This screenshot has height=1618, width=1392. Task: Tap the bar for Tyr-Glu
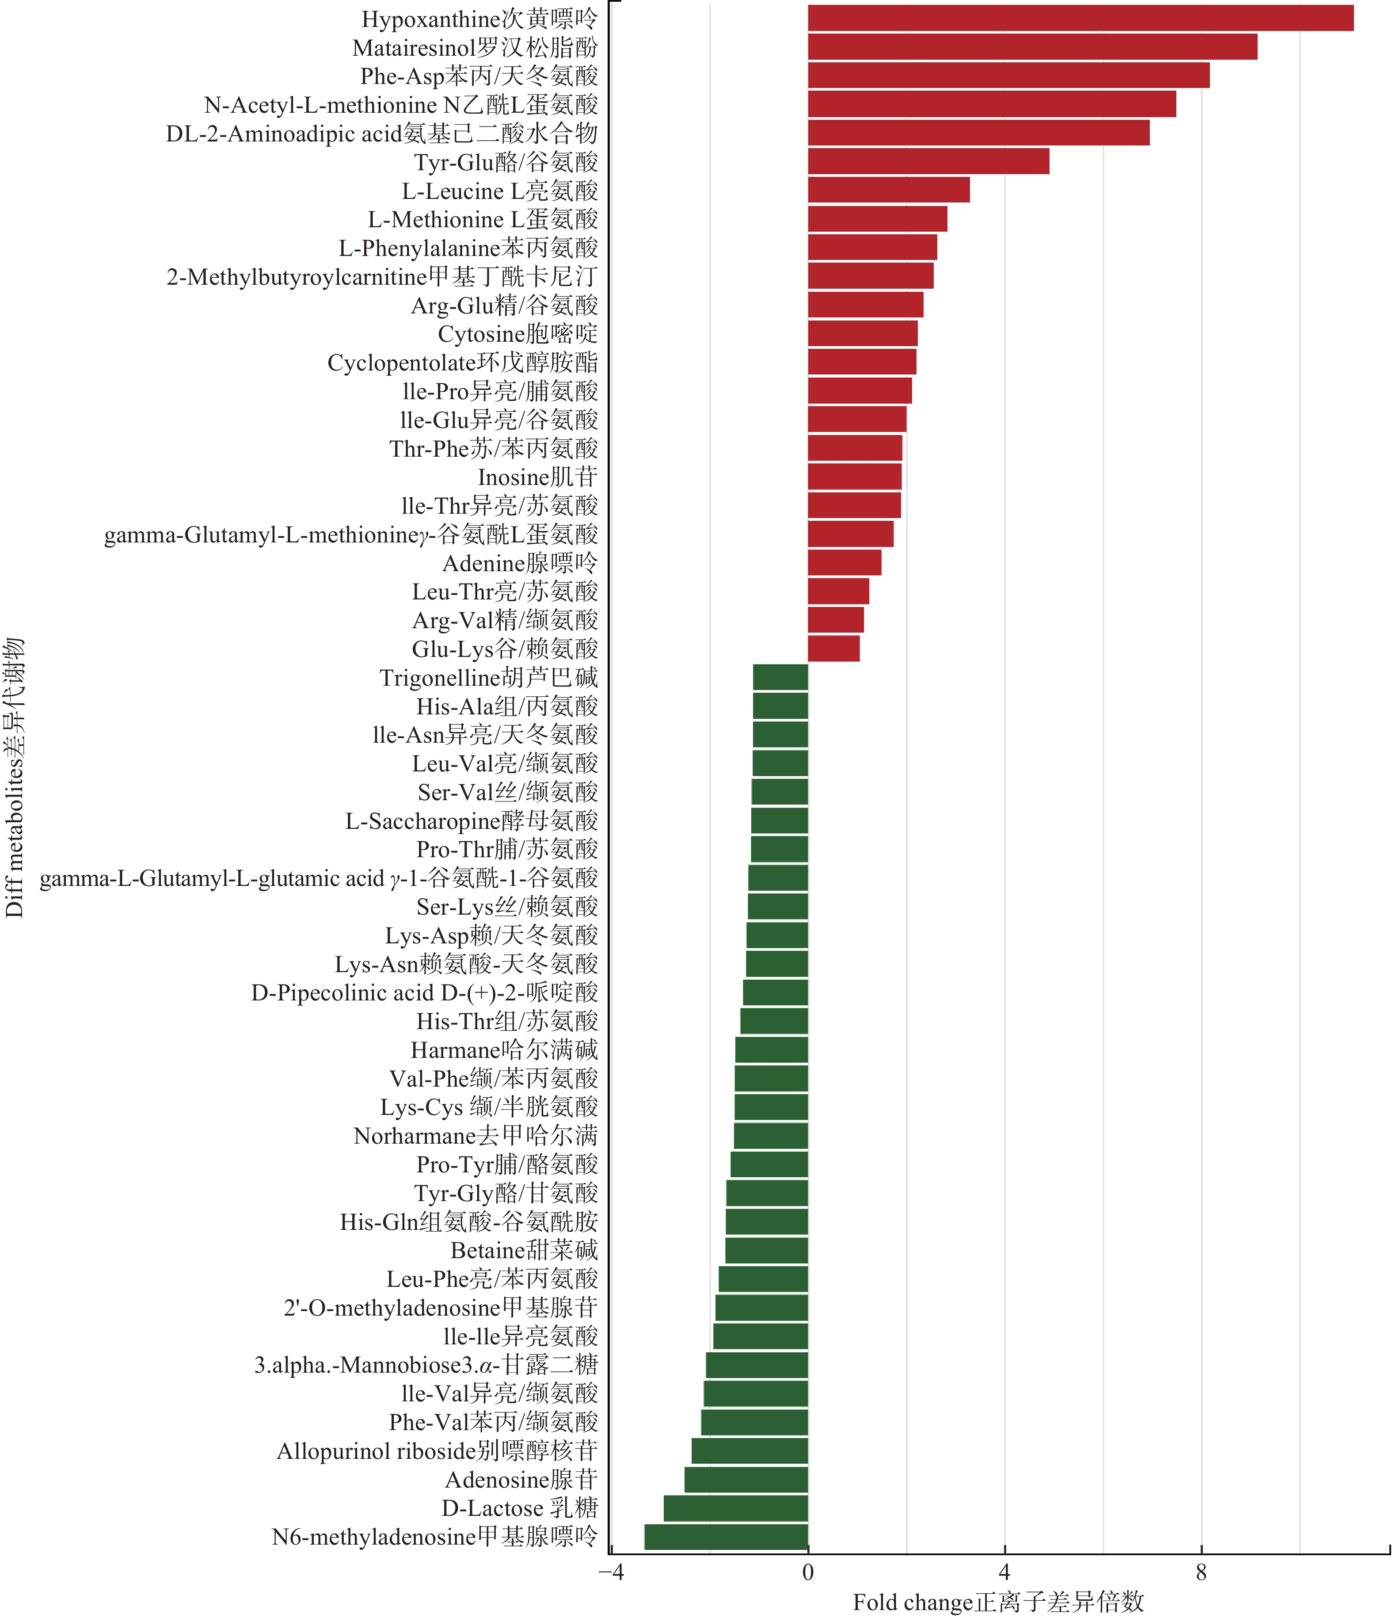(x=928, y=162)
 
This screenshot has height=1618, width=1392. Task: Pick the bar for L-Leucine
(x=888, y=190)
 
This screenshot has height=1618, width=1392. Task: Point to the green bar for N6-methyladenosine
(x=726, y=1537)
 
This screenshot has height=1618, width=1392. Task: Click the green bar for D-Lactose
(x=735, y=1508)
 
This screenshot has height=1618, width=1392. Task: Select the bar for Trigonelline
(x=780, y=677)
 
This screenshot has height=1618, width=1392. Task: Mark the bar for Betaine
(x=767, y=1250)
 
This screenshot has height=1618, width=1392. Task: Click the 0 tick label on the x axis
(x=808, y=1571)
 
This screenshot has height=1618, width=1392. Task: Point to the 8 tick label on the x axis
(x=1201, y=1571)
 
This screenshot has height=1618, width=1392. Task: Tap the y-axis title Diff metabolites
(x=14, y=777)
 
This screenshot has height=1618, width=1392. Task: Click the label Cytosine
(x=517, y=333)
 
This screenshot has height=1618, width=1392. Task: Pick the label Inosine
(x=537, y=477)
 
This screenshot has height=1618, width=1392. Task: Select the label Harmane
(x=504, y=1049)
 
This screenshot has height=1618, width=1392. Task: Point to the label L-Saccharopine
(x=472, y=820)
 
